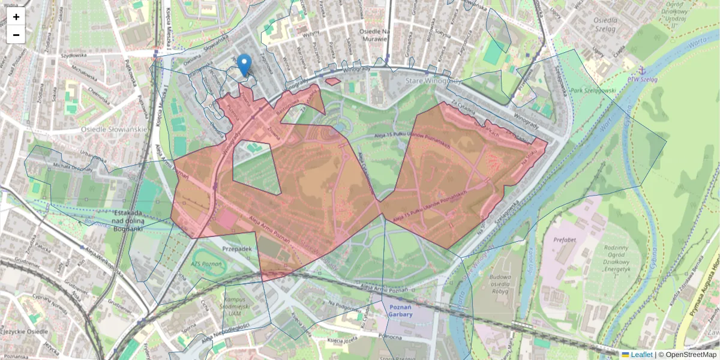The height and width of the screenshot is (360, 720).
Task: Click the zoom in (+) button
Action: click(16, 17)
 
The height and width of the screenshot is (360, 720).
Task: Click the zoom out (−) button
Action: click(16, 35)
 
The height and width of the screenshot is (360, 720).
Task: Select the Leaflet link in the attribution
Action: click(641, 355)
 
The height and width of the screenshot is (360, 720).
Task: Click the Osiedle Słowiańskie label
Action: click(114, 129)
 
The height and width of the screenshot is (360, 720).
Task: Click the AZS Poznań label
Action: click(209, 264)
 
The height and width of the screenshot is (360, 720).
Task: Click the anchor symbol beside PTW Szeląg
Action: click(640, 71)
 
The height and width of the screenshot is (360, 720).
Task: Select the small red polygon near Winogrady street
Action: click(332, 81)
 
